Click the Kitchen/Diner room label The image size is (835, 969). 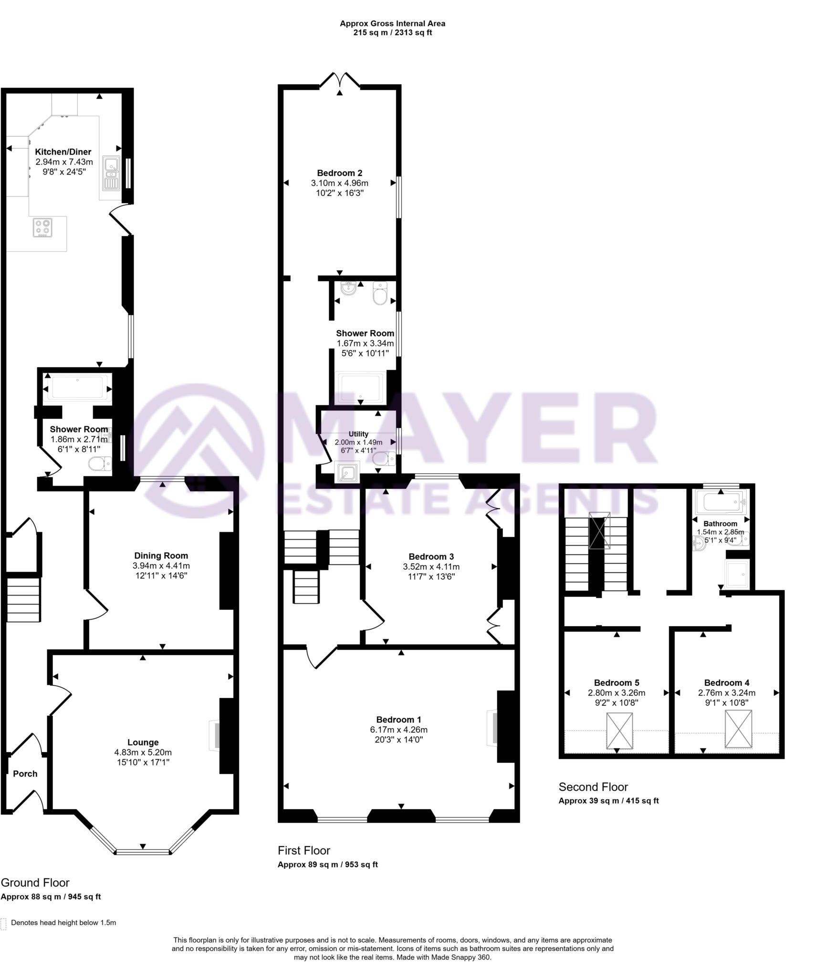click(63, 152)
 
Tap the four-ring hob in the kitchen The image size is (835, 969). click(42, 227)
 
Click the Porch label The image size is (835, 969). click(25, 773)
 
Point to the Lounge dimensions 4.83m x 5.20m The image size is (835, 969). click(143, 752)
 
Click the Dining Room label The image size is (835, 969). click(161, 556)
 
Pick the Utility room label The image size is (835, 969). click(358, 434)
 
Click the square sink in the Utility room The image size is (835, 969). click(347, 472)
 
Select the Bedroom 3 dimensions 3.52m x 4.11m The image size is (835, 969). click(431, 567)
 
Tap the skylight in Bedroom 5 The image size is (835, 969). click(619, 730)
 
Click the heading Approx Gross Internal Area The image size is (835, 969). click(392, 23)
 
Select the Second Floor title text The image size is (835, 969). click(593, 787)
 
